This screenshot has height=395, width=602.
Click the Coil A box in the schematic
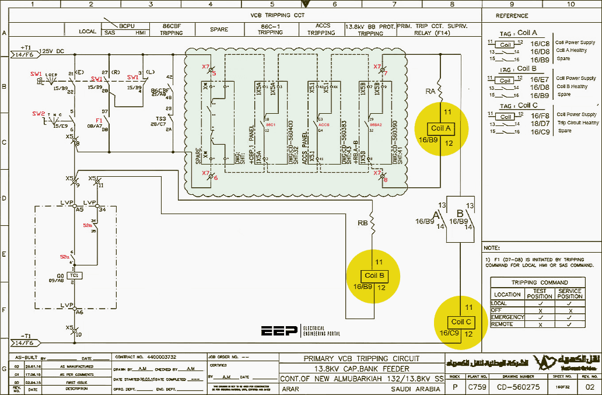[440, 128]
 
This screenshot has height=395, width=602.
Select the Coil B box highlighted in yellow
[373, 275]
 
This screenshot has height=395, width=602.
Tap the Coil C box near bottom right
[461, 321]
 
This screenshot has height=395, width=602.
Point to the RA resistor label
[430, 91]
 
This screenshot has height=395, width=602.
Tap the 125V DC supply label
[53, 52]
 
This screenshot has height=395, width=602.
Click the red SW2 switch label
[38, 113]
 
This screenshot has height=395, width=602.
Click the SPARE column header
[219, 29]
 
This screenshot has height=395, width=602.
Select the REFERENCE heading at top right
[512, 16]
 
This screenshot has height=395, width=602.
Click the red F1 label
[99, 120]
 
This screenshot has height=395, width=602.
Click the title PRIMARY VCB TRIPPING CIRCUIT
[361, 358]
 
